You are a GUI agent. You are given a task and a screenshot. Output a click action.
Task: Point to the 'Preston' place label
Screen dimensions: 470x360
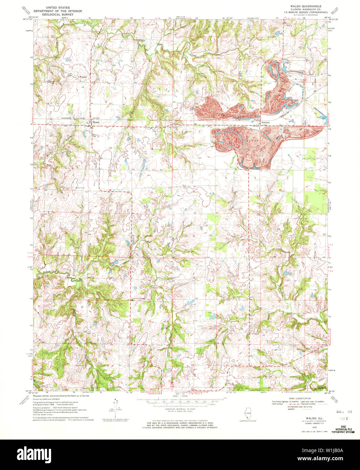[83, 77]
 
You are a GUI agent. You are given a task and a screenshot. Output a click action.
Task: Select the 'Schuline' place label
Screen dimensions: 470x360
[266, 122]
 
